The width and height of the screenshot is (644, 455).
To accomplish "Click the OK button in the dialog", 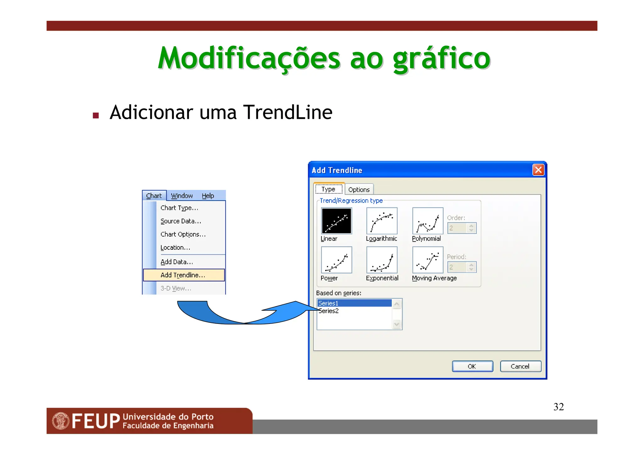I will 472,366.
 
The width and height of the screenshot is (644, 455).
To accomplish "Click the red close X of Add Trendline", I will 538,170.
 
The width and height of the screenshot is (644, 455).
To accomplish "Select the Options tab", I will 359,190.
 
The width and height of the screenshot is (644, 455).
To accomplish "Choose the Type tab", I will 329,189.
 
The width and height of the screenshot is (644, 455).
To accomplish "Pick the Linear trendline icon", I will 336,221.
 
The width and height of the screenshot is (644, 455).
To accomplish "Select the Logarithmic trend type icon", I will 382,221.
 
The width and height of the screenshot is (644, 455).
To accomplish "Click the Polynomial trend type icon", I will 427,221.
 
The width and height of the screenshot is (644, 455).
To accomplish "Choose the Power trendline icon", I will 336,260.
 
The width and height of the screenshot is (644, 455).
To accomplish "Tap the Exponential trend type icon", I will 382,260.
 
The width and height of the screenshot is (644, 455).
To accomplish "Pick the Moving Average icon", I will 427,260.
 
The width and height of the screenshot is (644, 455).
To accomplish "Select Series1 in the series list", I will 354,303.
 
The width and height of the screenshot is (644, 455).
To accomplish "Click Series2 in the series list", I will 329,311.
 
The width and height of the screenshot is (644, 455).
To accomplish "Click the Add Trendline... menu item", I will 183,275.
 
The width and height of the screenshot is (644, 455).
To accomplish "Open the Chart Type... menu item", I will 179,208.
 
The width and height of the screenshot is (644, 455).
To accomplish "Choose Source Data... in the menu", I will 180,221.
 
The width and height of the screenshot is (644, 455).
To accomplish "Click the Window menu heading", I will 182,196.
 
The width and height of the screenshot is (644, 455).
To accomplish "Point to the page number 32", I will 558,407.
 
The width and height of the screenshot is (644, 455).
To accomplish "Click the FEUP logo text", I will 96,421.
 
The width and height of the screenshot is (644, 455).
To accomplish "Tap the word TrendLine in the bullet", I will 288,112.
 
